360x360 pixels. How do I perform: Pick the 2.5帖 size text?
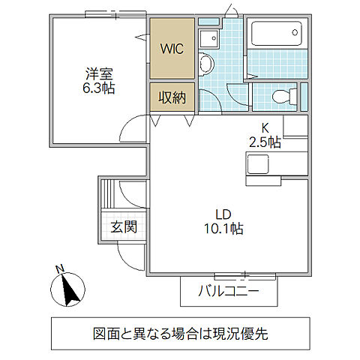(x=265, y=141)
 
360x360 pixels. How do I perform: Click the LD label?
(x=220, y=213)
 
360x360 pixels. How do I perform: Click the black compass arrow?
(x=72, y=289)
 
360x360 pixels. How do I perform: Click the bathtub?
(x=277, y=35)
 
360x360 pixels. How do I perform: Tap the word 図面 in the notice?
(x=106, y=332)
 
